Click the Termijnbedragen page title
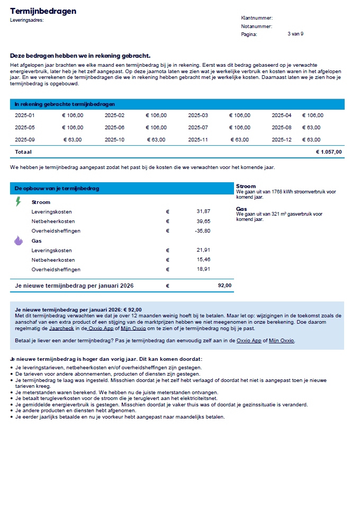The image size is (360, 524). point(43,11)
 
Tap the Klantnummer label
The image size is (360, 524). point(257,18)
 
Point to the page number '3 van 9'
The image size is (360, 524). point(295,34)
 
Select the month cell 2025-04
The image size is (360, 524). point(282,115)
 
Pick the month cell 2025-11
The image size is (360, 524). point(198,140)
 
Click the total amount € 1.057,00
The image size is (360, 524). point(329,152)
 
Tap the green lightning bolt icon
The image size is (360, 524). point(19,201)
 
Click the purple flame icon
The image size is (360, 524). point(19,241)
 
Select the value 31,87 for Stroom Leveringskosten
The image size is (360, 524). point(203,211)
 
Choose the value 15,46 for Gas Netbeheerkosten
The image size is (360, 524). point(203,260)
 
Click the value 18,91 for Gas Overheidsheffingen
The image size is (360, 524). point(203,269)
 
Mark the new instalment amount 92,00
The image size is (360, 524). point(224,286)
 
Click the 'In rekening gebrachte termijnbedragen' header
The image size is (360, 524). point(65,104)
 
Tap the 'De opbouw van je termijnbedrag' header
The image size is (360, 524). point(57,188)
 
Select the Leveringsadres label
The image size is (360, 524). point(26,20)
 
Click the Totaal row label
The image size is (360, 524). point(23,152)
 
